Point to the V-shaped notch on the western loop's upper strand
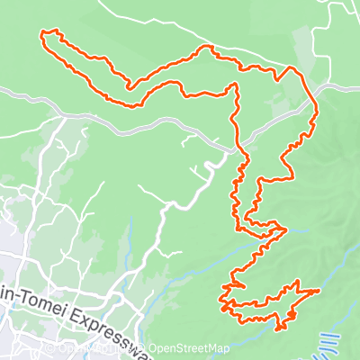(131, 87)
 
